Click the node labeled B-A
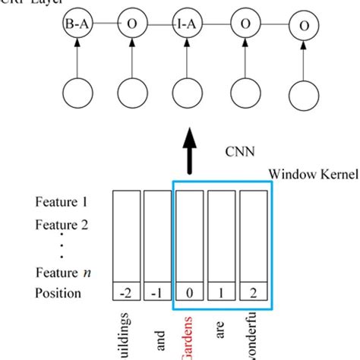(77, 24)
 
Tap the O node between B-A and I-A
(132, 24)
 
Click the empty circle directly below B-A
(77, 96)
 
